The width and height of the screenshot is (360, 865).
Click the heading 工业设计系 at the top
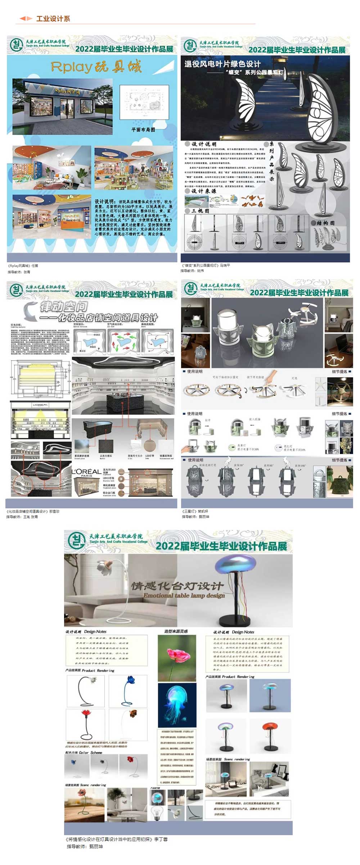53,19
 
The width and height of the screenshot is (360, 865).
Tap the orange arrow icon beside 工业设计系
26,18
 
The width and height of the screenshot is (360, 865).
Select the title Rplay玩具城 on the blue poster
96,67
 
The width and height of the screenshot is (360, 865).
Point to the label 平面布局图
143,130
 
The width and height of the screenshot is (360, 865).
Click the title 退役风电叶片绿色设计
222,64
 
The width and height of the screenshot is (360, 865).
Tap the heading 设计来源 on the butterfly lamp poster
203,191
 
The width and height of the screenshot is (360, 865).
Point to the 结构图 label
325,223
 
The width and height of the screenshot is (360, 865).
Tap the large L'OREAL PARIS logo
86,472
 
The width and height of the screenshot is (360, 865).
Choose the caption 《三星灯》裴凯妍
195,511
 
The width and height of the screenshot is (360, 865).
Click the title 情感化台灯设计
177,586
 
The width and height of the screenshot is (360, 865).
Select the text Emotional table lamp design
184,595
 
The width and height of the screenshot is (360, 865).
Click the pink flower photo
177,658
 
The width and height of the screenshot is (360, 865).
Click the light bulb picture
157,812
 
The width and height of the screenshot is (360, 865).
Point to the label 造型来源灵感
176,631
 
